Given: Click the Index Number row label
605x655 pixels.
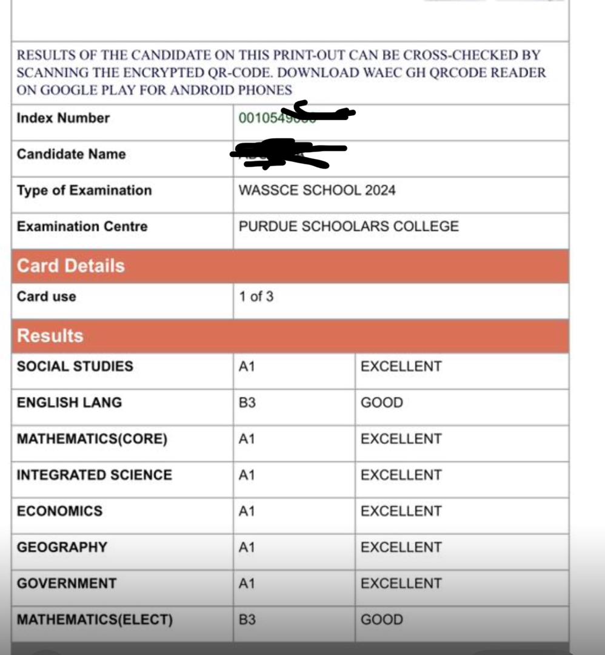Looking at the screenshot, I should pyautogui.click(x=63, y=118).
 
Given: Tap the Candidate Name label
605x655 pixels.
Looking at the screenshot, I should pyautogui.click(x=71, y=154).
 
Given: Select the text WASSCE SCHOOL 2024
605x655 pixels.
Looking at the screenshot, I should pyautogui.click(x=316, y=190).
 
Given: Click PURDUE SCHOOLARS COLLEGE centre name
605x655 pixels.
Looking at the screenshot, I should pyautogui.click(x=349, y=227).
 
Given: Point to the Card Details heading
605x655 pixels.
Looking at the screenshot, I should pyautogui.click(x=70, y=266).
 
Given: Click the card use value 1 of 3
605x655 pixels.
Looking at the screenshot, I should pyautogui.click(x=256, y=297).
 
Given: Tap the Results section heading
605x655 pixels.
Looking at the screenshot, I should pyautogui.click(x=50, y=336).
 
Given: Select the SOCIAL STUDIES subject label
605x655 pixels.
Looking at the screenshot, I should pyautogui.click(x=75, y=366).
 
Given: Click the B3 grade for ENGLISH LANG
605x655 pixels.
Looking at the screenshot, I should pyautogui.click(x=247, y=403).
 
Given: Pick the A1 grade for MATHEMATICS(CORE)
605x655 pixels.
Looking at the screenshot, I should pyautogui.click(x=247, y=439).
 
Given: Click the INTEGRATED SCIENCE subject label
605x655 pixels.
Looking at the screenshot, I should pyautogui.click(x=94, y=475).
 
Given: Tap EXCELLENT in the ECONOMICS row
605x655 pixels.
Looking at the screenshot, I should pyautogui.click(x=401, y=511).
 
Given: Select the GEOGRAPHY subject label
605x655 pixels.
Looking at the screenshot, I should pyautogui.click(x=61, y=547).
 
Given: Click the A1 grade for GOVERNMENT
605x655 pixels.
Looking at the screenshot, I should pyautogui.click(x=247, y=583).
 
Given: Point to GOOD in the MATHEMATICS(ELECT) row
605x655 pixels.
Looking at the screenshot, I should pyautogui.click(x=381, y=620).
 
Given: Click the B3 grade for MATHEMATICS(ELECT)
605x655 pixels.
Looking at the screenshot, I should pyautogui.click(x=247, y=620).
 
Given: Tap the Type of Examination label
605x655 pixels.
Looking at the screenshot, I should pyautogui.click(x=84, y=190).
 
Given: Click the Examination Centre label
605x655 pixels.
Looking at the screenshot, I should pyautogui.click(x=82, y=227).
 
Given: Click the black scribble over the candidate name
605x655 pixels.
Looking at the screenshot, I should pyautogui.click(x=285, y=152).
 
